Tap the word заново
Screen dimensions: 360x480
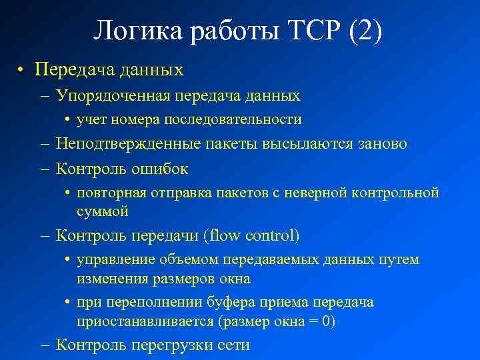(383, 144)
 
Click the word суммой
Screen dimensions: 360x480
(102, 211)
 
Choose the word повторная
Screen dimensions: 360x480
(107, 193)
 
